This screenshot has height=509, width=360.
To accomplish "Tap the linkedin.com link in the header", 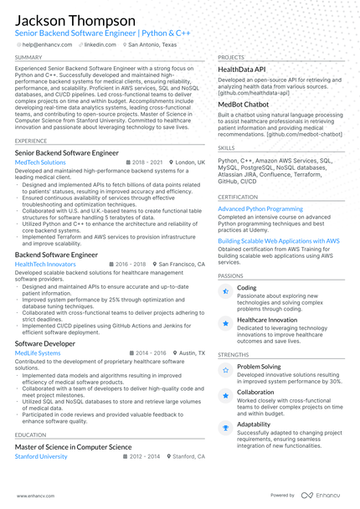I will click(100, 44).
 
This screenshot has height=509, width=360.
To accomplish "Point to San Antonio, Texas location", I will click(152, 44).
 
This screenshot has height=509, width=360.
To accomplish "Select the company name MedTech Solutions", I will click(45, 162).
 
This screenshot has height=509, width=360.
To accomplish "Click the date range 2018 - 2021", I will click(147, 162).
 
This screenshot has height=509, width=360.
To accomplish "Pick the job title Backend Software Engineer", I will click(56, 254).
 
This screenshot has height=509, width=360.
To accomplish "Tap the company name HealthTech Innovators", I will click(45, 264).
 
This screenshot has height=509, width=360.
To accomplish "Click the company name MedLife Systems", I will click(38, 353).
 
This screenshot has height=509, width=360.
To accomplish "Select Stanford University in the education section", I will click(41, 457).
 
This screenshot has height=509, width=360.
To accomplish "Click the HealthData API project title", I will click(242, 69).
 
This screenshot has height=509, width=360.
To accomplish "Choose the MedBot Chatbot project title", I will click(244, 105).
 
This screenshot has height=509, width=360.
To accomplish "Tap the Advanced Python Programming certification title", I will click(260, 208).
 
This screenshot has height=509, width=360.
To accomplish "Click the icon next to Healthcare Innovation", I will click(224, 322).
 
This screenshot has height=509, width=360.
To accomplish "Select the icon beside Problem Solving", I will click(224, 369).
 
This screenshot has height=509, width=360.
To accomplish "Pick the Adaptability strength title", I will click(253, 424).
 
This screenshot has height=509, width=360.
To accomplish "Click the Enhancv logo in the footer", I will click(321, 495).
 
